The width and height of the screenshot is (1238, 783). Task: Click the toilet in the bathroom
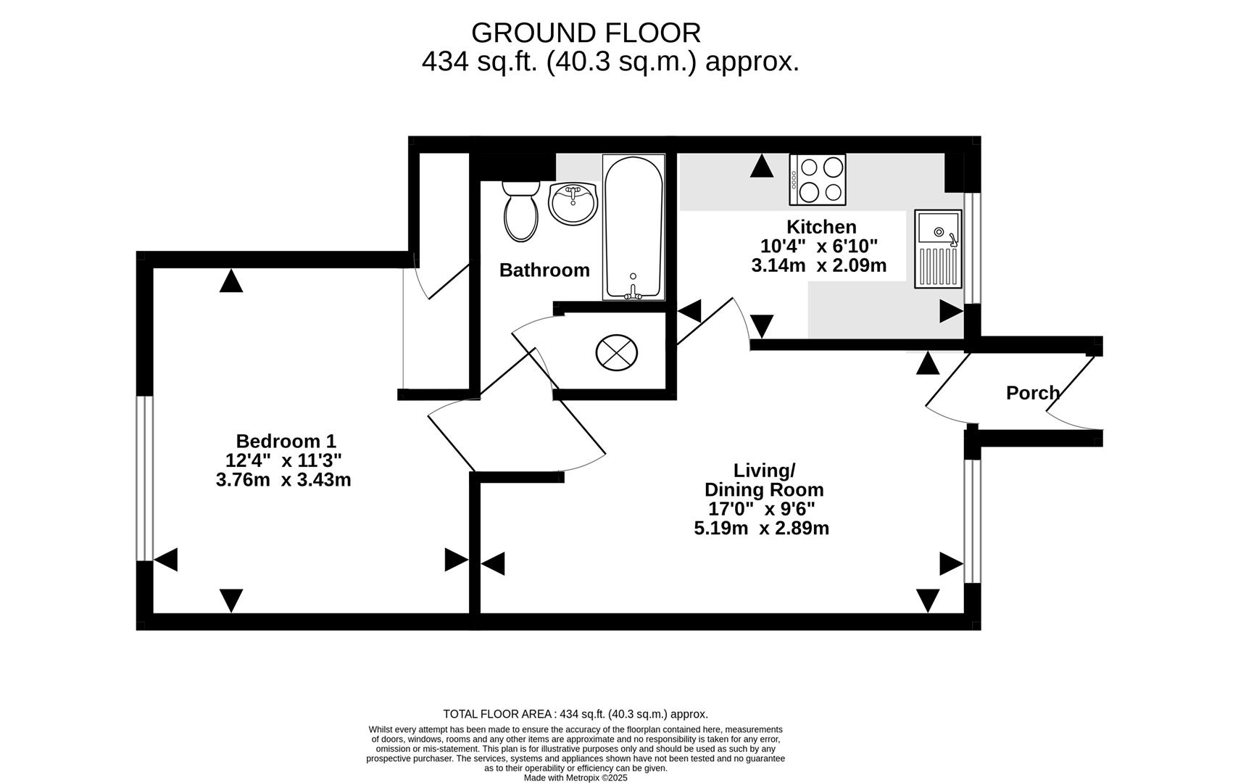pos(520,211)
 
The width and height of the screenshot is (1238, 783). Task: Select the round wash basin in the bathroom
pos(573,204)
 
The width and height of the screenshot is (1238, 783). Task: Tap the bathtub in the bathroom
pos(633,227)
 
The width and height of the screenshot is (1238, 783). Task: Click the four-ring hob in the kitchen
pos(818,180)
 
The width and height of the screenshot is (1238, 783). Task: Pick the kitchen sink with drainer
pos(938,249)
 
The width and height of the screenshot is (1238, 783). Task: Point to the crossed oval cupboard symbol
pos(617,352)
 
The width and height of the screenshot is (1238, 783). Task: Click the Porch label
pos(1033,393)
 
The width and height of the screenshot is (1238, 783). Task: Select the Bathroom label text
pos(544,270)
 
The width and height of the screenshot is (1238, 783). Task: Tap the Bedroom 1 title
pos(286,441)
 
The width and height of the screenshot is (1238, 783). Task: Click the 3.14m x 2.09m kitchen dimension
pos(818,265)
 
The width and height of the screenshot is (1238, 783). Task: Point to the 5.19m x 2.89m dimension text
pos(762,528)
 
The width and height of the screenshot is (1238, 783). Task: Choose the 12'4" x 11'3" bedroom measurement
pos(283,460)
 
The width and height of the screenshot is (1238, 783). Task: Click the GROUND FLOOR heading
pos(586,33)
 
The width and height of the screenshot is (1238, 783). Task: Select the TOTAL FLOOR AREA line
pos(576,714)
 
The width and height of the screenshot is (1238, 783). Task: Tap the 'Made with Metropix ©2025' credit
pos(576,777)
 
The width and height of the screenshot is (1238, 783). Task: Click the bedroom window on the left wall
pos(144,478)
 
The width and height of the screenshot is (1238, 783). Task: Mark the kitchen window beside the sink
pos(973,248)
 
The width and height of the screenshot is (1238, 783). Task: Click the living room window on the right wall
pos(973,521)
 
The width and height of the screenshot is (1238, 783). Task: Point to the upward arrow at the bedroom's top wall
pos(231,281)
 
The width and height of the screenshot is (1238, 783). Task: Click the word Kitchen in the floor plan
pos(821,227)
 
